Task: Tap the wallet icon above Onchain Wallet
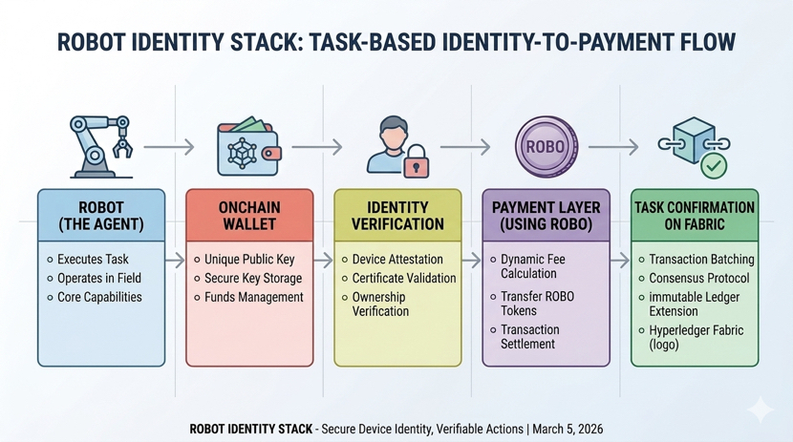247,147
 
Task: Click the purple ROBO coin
547,148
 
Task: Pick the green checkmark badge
713,165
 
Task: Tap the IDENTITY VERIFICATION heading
396,215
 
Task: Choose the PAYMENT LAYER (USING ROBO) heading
546,215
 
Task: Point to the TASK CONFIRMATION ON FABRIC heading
695,215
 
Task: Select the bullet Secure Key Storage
252,279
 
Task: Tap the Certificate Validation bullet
403,279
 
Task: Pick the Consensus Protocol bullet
699,279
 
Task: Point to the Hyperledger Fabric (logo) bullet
696,337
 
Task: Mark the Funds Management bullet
253,298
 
